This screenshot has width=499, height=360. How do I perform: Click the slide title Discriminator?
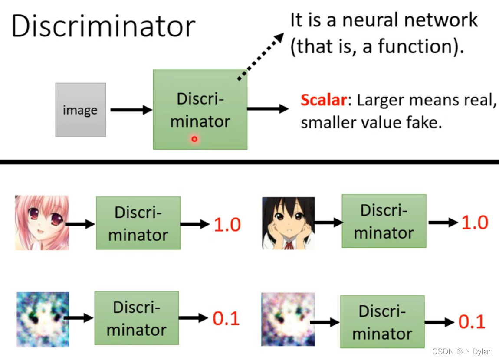pyautogui.click(x=103, y=26)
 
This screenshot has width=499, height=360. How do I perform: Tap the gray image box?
pyautogui.click(x=81, y=110)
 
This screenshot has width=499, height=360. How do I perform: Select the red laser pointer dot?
pyautogui.click(x=194, y=139)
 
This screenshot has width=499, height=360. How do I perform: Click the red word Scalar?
pyautogui.click(x=324, y=100)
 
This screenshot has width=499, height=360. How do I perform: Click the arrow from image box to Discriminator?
pyautogui.click(x=131, y=110)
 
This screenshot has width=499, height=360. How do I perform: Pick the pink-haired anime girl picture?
pyautogui.click(x=42, y=223)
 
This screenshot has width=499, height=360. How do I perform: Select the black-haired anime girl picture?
pyautogui.click(x=288, y=223)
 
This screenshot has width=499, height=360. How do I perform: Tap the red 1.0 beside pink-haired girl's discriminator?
pyautogui.click(x=227, y=225)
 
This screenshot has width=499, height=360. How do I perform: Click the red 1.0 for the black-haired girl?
pyautogui.click(x=475, y=223)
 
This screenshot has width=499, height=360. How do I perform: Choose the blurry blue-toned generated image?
pyautogui.click(x=43, y=319)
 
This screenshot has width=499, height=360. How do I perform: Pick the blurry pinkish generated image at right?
pyautogui.click(x=288, y=319)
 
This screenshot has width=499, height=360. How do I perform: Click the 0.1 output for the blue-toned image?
pyautogui.click(x=226, y=319)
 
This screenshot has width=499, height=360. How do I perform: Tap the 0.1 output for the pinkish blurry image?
pyautogui.click(x=472, y=322)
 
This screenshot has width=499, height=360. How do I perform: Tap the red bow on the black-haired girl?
pyautogui.click(x=288, y=245)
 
